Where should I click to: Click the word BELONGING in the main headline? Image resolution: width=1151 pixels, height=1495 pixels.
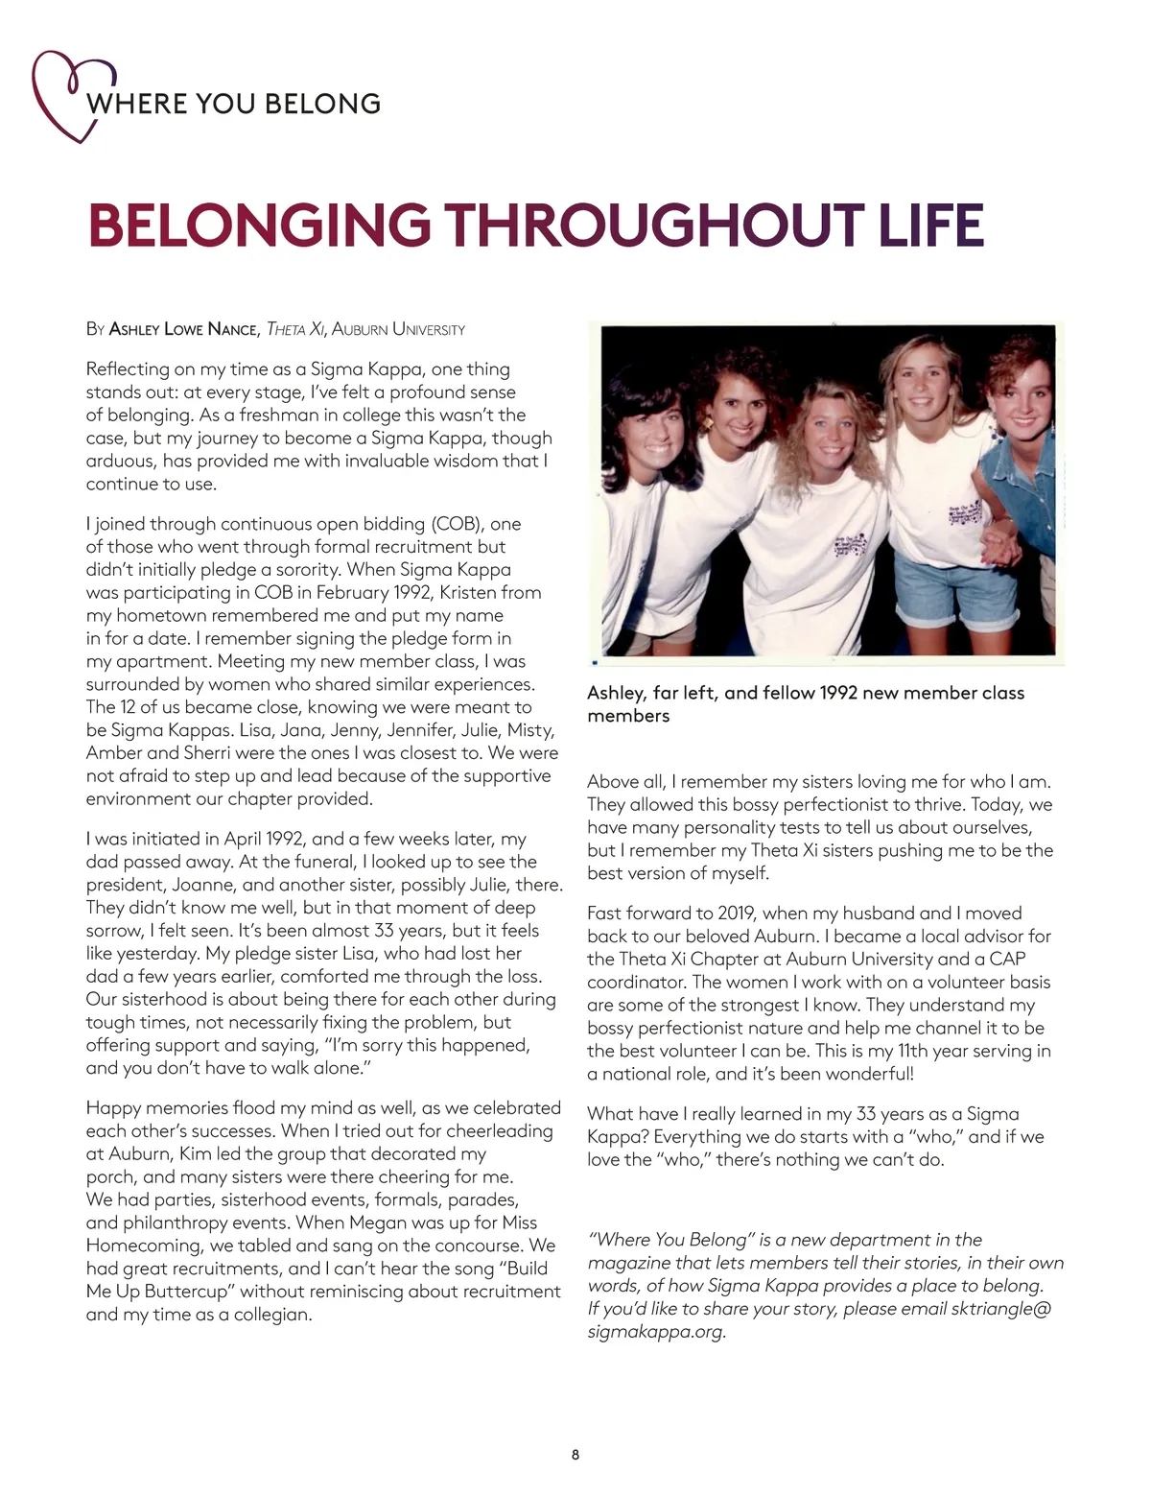click(x=259, y=225)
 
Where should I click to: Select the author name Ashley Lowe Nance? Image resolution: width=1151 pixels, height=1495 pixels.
click(x=183, y=330)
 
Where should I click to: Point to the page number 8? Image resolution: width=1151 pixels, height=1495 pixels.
click(x=575, y=1455)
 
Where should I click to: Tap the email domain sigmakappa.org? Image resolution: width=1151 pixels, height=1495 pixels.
click(x=656, y=1332)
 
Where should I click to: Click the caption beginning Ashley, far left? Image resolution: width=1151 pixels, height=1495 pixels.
click(x=806, y=704)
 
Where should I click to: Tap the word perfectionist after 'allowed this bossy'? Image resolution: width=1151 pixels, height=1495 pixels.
click(x=843, y=805)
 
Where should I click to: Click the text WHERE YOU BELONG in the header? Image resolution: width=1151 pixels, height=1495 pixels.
click(x=234, y=104)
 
